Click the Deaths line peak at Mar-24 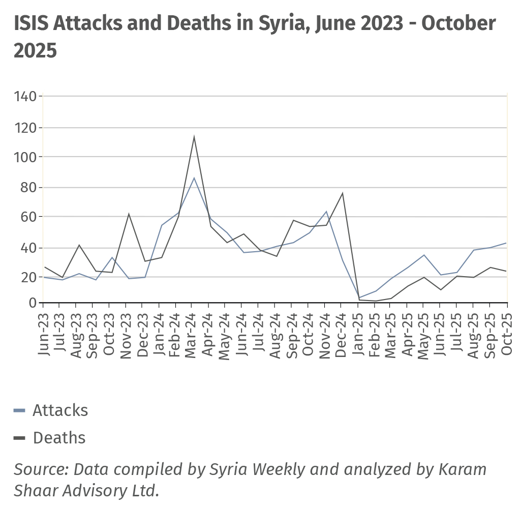pyautogui.click(x=194, y=136)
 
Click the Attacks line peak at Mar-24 pyautogui.click(x=194, y=177)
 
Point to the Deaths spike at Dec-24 pyautogui.click(x=343, y=193)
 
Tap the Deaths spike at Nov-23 pyautogui.click(x=128, y=214)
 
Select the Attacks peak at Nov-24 pyautogui.click(x=326, y=211)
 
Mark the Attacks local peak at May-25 pyautogui.click(x=424, y=255)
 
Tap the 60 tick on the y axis pyautogui.click(x=28, y=217)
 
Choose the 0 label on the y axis pyautogui.click(x=33, y=304)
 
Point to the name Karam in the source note pyautogui.click(x=462, y=469)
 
